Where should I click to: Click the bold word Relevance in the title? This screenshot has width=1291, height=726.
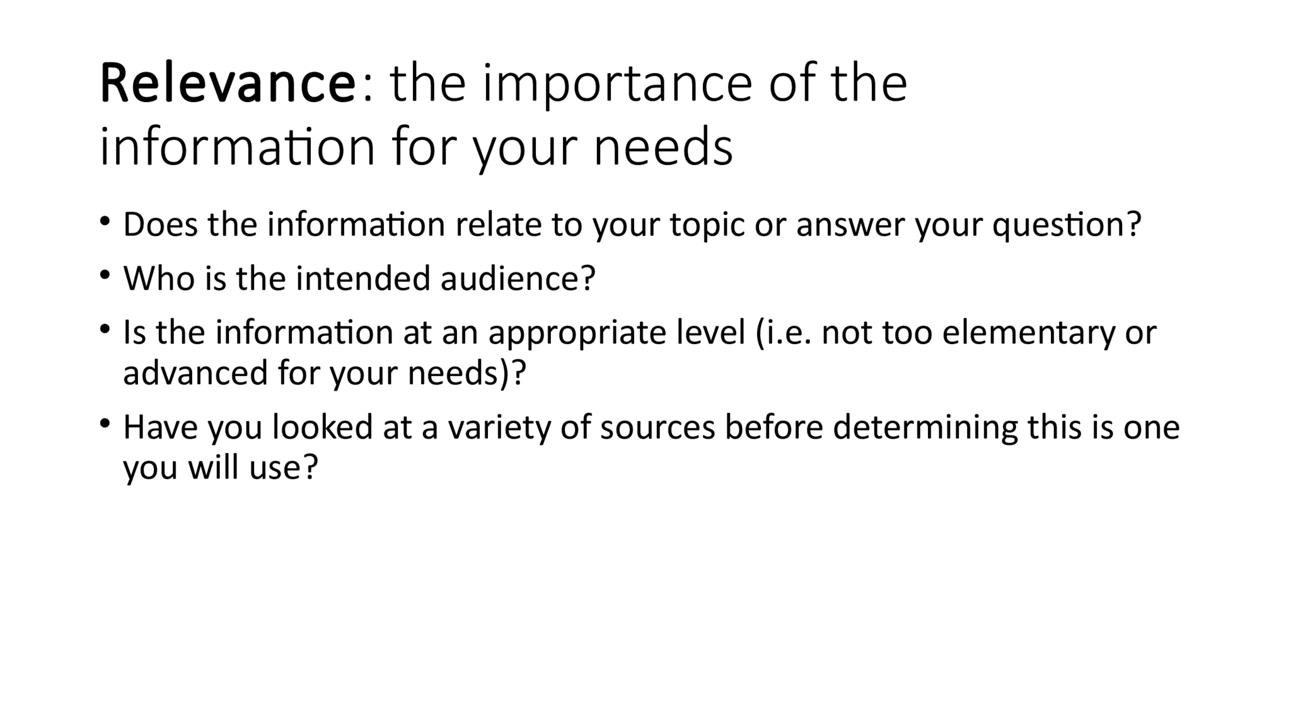tap(228, 84)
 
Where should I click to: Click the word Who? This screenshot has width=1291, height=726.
tap(159, 278)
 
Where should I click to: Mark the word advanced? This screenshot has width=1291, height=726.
tap(195, 372)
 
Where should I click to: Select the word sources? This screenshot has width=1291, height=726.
tap(657, 428)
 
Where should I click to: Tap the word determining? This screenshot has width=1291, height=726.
tap(925, 428)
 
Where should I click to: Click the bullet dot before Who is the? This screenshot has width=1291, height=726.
tap(105, 275)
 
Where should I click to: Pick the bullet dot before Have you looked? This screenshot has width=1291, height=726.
tap(105, 423)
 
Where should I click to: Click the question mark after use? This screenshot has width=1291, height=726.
tap(310, 468)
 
